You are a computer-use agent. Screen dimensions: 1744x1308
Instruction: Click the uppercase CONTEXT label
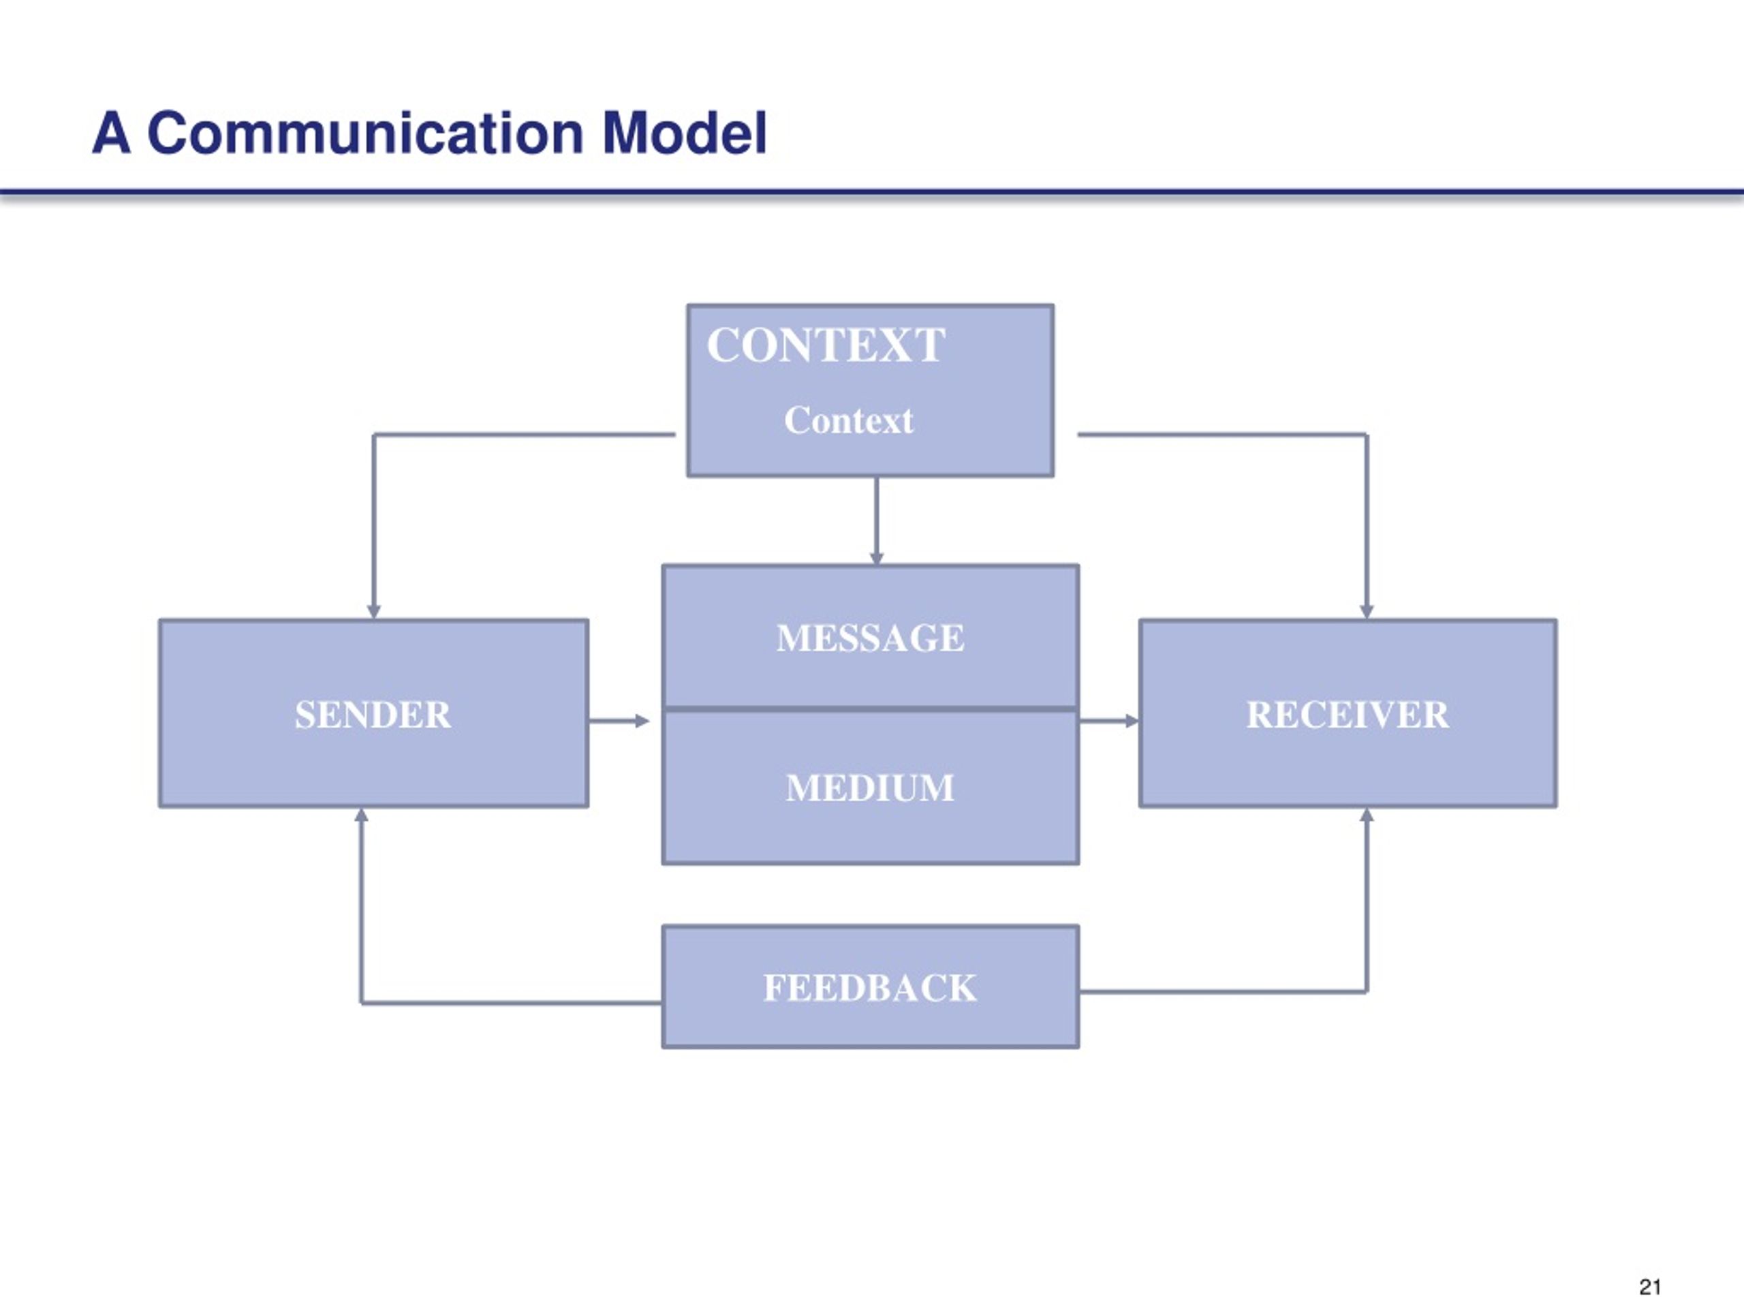click(x=826, y=345)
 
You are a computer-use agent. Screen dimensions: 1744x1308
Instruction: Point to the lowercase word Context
click(x=848, y=420)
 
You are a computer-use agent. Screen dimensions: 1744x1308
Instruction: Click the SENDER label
click(x=373, y=715)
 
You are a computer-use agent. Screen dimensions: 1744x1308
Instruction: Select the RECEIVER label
click(x=1348, y=715)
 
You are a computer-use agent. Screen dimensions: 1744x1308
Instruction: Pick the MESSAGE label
click(x=870, y=638)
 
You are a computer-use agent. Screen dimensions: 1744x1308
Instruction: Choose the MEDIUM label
click(x=870, y=788)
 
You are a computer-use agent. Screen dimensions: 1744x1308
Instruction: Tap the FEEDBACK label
click(x=870, y=988)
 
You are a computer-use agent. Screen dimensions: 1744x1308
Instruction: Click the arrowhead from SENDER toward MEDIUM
click(x=642, y=721)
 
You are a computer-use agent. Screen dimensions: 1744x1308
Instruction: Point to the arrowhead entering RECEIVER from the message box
click(x=1132, y=721)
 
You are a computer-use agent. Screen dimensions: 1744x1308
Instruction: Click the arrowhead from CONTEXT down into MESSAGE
click(x=876, y=558)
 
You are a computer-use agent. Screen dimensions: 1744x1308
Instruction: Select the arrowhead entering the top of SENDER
click(x=374, y=612)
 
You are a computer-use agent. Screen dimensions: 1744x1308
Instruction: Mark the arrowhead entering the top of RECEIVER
click(x=1367, y=612)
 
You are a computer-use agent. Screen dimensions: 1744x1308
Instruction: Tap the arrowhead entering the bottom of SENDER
click(x=361, y=815)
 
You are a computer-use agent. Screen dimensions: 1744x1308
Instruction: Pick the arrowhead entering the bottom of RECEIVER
click(x=1367, y=815)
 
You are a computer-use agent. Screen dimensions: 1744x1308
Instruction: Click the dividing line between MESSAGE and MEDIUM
click(x=871, y=708)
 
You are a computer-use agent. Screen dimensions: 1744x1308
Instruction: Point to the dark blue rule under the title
click(x=872, y=191)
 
